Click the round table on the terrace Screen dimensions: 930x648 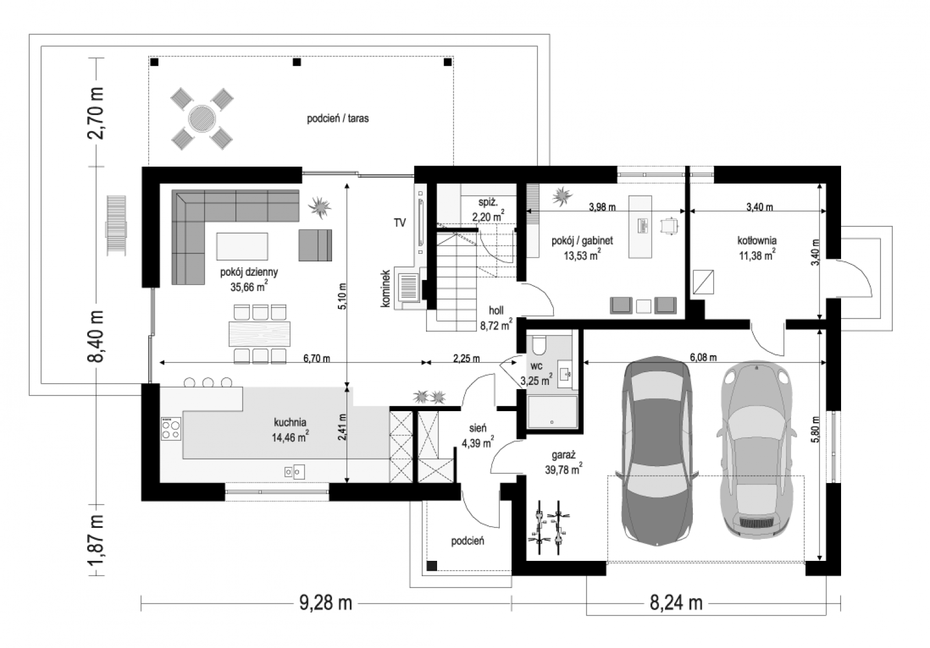[x=202, y=118]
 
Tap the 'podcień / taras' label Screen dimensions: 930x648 [x=338, y=118]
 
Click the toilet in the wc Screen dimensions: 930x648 [x=539, y=345]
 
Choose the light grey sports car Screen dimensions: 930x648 [x=756, y=449]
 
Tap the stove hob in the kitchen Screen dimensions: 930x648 [x=171, y=429]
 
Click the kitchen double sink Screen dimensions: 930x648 [x=294, y=471]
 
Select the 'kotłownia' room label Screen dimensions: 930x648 [x=757, y=240]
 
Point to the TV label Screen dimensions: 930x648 [x=400, y=223]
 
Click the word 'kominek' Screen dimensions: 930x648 [x=385, y=289]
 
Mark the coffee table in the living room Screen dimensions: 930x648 [x=242, y=246]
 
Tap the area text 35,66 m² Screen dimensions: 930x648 [x=249, y=286]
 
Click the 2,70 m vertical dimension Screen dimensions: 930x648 [x=95, y=113]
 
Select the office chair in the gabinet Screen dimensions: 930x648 [x=669, y=226]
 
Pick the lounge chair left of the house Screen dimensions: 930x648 [x=116, y=226]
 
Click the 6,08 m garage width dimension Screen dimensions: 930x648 [x=703, y=357]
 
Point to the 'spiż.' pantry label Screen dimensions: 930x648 [x=488, y=203]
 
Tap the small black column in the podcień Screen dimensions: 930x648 [x=432, y=566]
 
